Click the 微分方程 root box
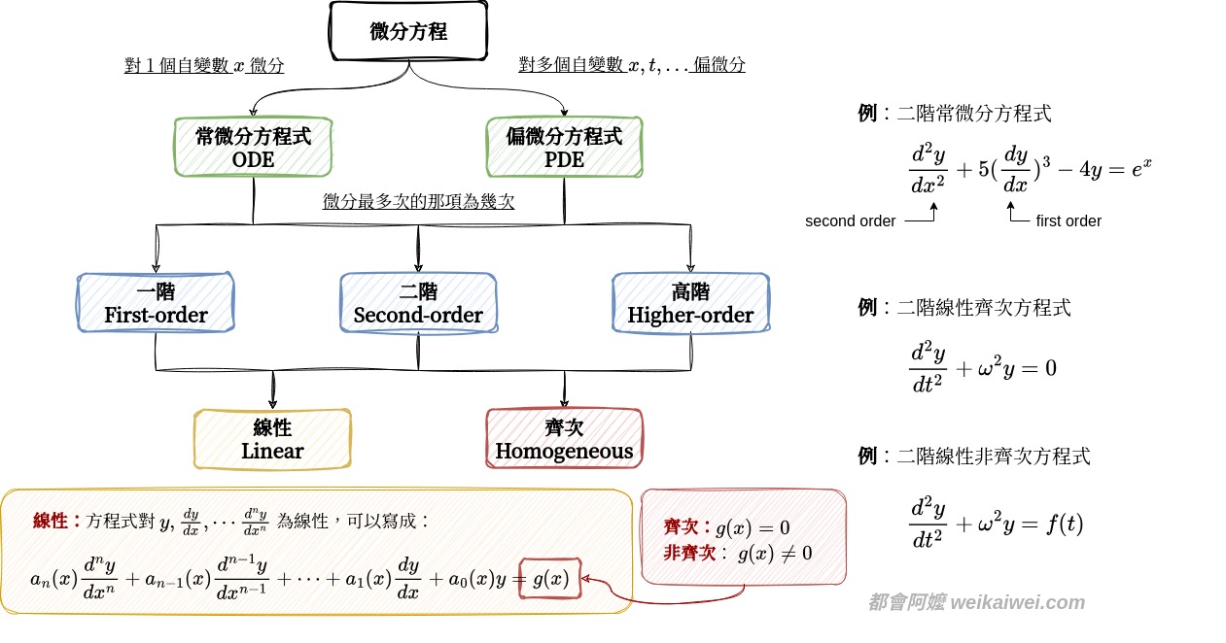point(408,31)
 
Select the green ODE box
point(254,148)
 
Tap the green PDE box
point(565,148)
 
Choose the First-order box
point(156,303)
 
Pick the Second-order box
point(418,303)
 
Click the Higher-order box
point(690,303)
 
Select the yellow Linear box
point(272,439)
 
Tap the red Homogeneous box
point(564,439)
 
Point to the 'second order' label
point(850,221)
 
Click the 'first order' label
point(1068,221)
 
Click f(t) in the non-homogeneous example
point(1061,525)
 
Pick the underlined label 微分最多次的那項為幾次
point(418,202)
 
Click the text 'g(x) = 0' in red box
point(753,528)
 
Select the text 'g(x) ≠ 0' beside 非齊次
point(775,554)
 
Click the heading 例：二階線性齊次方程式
point(963,308)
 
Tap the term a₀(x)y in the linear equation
point(477,579)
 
